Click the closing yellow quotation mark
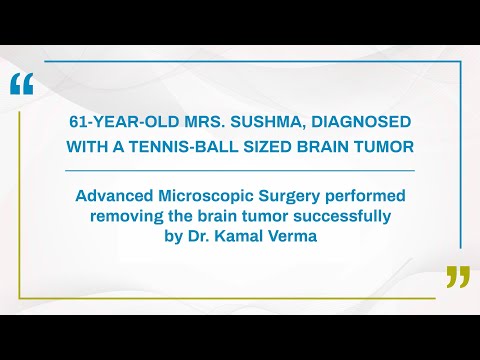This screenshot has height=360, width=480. [x=457, y=277]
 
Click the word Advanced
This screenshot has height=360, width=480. [x=116, y=195]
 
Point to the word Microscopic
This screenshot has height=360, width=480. [x=211, y=195]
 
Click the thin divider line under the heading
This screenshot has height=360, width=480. [x=240, y=170]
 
